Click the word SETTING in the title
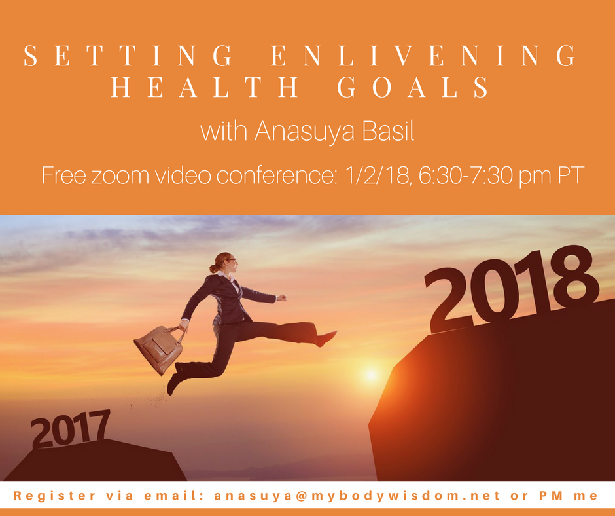pos(128,56)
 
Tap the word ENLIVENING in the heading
pos(423,56)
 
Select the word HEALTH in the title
pos(204,87)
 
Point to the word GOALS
pos(413,87)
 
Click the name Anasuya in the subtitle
pos(304,131)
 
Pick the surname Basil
pos(388,131)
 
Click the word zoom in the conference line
pos(120,176)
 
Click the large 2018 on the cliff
pos(512,288)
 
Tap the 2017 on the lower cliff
pos(70,428)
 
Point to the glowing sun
pos(371,375)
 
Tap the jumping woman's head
pos(225,263)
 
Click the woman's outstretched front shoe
pos(326,339)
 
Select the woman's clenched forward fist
pos(281,298)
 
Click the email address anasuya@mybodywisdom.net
pos(358,496)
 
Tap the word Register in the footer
pos(54,496)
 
